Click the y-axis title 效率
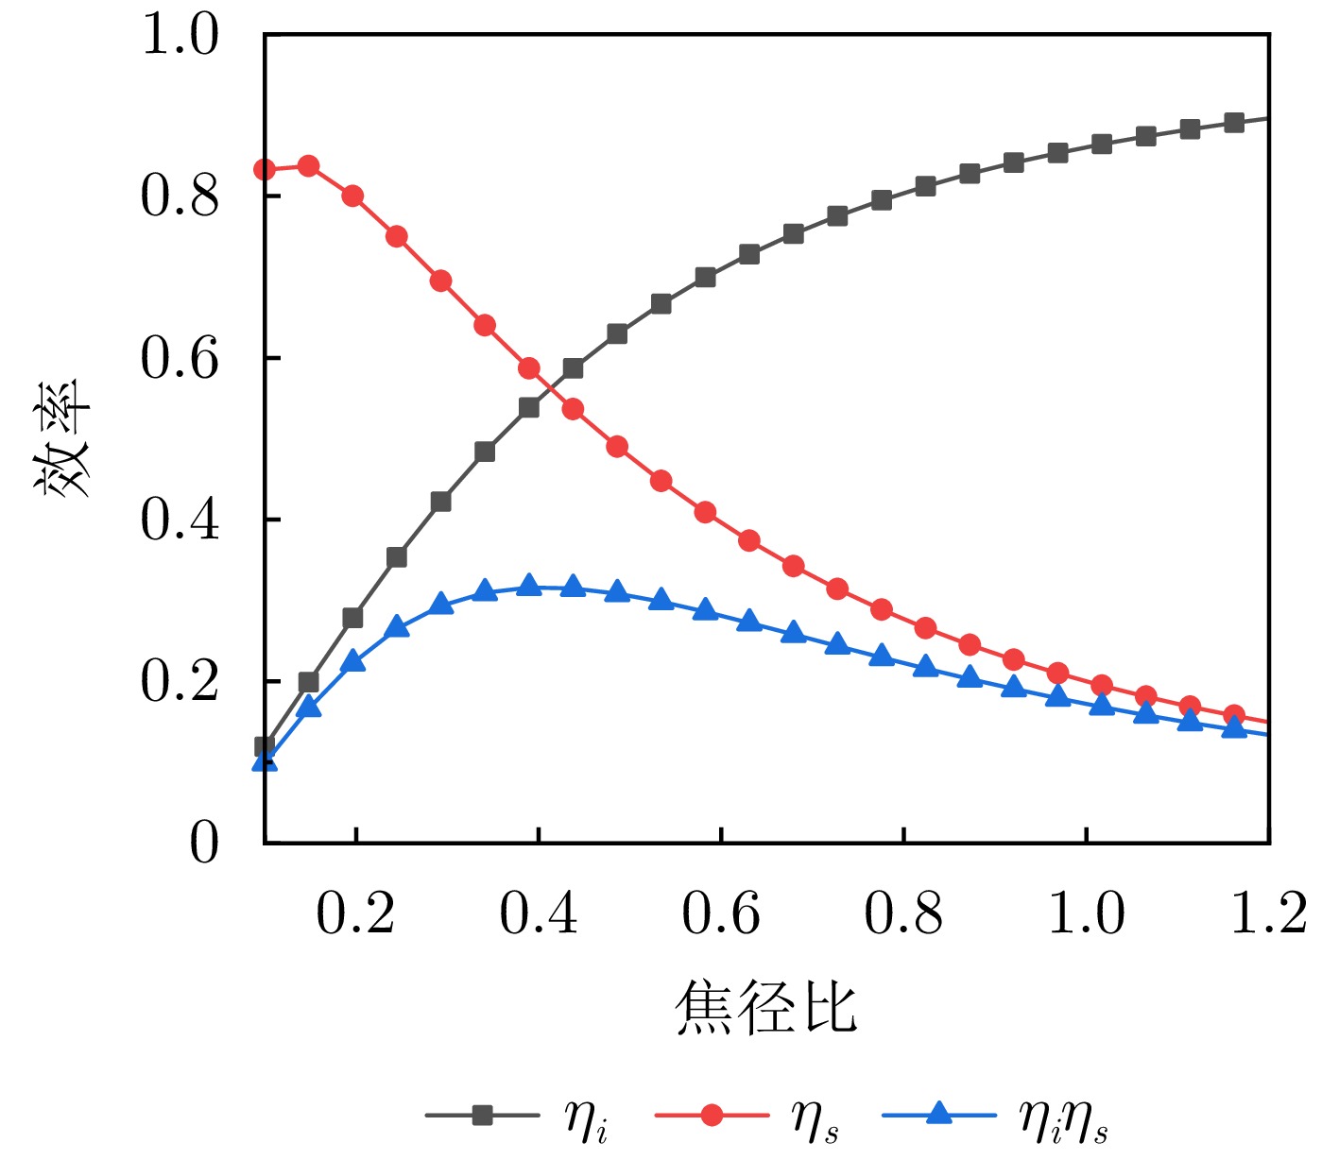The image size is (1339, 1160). coord(62,438)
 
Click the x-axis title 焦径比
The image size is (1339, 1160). coord(765,1007)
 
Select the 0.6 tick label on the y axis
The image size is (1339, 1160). coord(180,359)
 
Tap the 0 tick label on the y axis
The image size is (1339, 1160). coord(203,842)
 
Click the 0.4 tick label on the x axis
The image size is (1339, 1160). coord(539,913)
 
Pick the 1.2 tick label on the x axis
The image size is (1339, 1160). coord(1268,913)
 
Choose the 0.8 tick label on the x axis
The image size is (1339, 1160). coord(903,913)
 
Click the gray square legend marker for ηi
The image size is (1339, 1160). coord(483,1116)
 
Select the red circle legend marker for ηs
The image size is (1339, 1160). coord(712,1116)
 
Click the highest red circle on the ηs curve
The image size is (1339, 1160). coord(308,166)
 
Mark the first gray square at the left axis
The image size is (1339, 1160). coord(265,747)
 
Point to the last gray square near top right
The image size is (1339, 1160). coord(1234,123)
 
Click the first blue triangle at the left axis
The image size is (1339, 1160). coord(265,760)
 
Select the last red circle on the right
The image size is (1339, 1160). coord(1234,715)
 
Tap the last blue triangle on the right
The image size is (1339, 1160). coord(1234,727)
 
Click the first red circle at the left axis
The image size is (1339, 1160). coord(265,170)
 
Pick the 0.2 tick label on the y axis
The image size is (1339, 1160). coord(180,681)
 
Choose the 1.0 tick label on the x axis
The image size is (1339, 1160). coord(1087,913)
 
